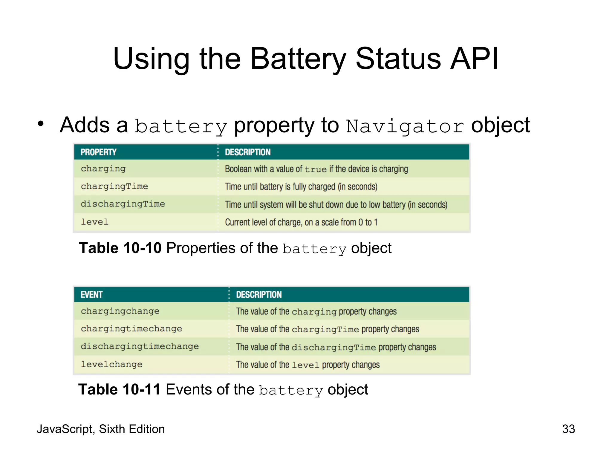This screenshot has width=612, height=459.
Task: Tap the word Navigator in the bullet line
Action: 405,126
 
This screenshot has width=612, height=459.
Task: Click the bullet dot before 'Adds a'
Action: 41,123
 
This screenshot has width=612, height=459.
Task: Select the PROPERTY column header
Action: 98,152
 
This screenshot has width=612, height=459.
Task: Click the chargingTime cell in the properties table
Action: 114,186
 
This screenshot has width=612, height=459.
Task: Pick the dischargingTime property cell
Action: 123,204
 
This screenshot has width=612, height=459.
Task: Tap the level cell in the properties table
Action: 94,222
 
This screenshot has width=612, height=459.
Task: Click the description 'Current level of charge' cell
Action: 301,222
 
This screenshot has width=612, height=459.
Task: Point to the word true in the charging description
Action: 316,169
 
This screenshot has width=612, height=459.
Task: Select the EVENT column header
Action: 91,295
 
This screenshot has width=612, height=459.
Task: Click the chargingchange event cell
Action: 120,311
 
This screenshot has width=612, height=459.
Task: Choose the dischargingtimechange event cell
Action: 140,347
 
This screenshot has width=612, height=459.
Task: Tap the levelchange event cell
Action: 111,365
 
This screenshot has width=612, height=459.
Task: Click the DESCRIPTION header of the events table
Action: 259,295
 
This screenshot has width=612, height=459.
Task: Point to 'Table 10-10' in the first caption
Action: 120,248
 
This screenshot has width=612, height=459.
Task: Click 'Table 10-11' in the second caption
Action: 120,390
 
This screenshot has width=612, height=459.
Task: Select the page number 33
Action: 568,429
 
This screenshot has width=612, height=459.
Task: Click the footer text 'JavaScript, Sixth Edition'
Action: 101,429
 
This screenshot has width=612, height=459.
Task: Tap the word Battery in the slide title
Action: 298,59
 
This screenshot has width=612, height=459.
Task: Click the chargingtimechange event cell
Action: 131,329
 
